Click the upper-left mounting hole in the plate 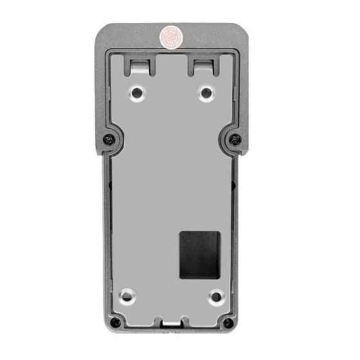tap(137, 93)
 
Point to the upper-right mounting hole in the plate tap(206, 93)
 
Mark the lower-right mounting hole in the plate tap(215, 296)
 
